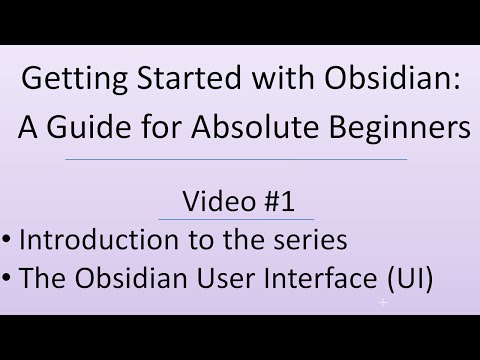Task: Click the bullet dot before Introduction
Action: click(6, 241)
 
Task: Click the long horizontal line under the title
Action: click(236, 159)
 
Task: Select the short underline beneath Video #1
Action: click(238, 219)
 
